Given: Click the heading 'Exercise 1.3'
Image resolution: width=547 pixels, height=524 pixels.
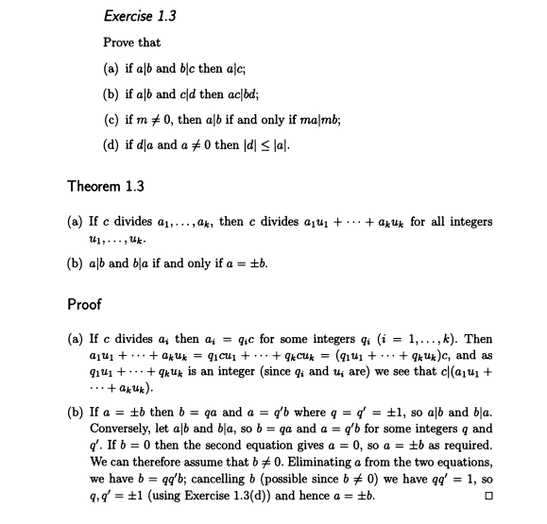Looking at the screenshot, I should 139,16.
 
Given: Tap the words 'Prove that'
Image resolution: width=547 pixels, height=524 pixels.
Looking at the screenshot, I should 131,42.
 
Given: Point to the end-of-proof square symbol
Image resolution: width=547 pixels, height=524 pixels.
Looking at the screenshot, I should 487,495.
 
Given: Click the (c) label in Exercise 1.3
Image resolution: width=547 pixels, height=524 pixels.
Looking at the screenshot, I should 111,119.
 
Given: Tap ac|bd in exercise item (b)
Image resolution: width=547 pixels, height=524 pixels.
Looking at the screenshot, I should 242,93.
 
